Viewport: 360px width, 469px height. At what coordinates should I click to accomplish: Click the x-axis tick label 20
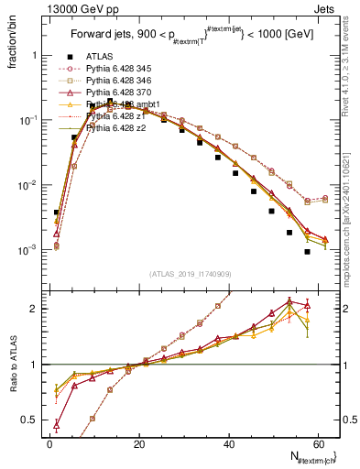(138, 444)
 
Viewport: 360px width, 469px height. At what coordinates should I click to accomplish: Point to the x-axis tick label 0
(50, 444)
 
